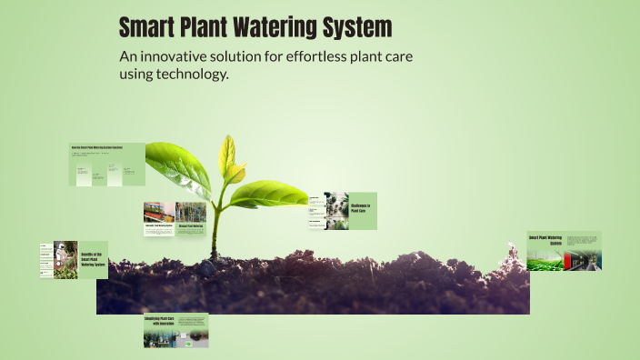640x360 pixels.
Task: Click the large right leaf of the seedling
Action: point(273,193)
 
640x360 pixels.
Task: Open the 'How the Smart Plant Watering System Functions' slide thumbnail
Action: point(107,164)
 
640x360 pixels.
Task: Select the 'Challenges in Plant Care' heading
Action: point(362,208)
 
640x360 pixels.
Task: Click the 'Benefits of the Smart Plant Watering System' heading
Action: point(93,260)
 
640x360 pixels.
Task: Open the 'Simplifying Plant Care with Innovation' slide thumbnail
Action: point(175,331)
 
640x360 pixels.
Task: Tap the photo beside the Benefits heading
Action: point(65,259)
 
